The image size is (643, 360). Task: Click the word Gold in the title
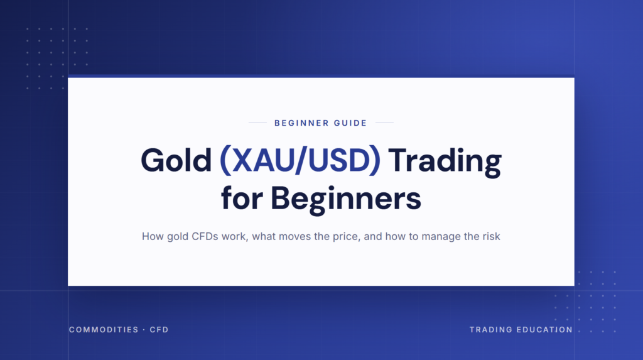pos(176,160)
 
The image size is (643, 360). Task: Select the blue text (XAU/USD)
pos(300,160)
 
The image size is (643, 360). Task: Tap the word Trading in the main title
pos(445,162)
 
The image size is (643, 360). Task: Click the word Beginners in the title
pos(346,200)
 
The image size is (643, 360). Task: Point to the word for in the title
pos(242,198)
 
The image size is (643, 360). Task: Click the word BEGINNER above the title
pos(301,123)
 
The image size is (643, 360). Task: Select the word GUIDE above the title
pos(350,123)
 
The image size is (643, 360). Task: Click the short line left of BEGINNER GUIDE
pos(257,123)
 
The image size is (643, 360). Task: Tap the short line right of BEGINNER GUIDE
pos(384,123)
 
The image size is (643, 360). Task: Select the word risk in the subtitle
pos(491,236)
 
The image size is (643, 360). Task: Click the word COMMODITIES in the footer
pos(104,330)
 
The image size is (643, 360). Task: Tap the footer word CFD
pos(159,330)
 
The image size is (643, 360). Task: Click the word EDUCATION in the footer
pos(544,330)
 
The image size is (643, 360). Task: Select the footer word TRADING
pos(491,330)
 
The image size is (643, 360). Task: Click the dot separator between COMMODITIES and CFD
pos(144,330)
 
